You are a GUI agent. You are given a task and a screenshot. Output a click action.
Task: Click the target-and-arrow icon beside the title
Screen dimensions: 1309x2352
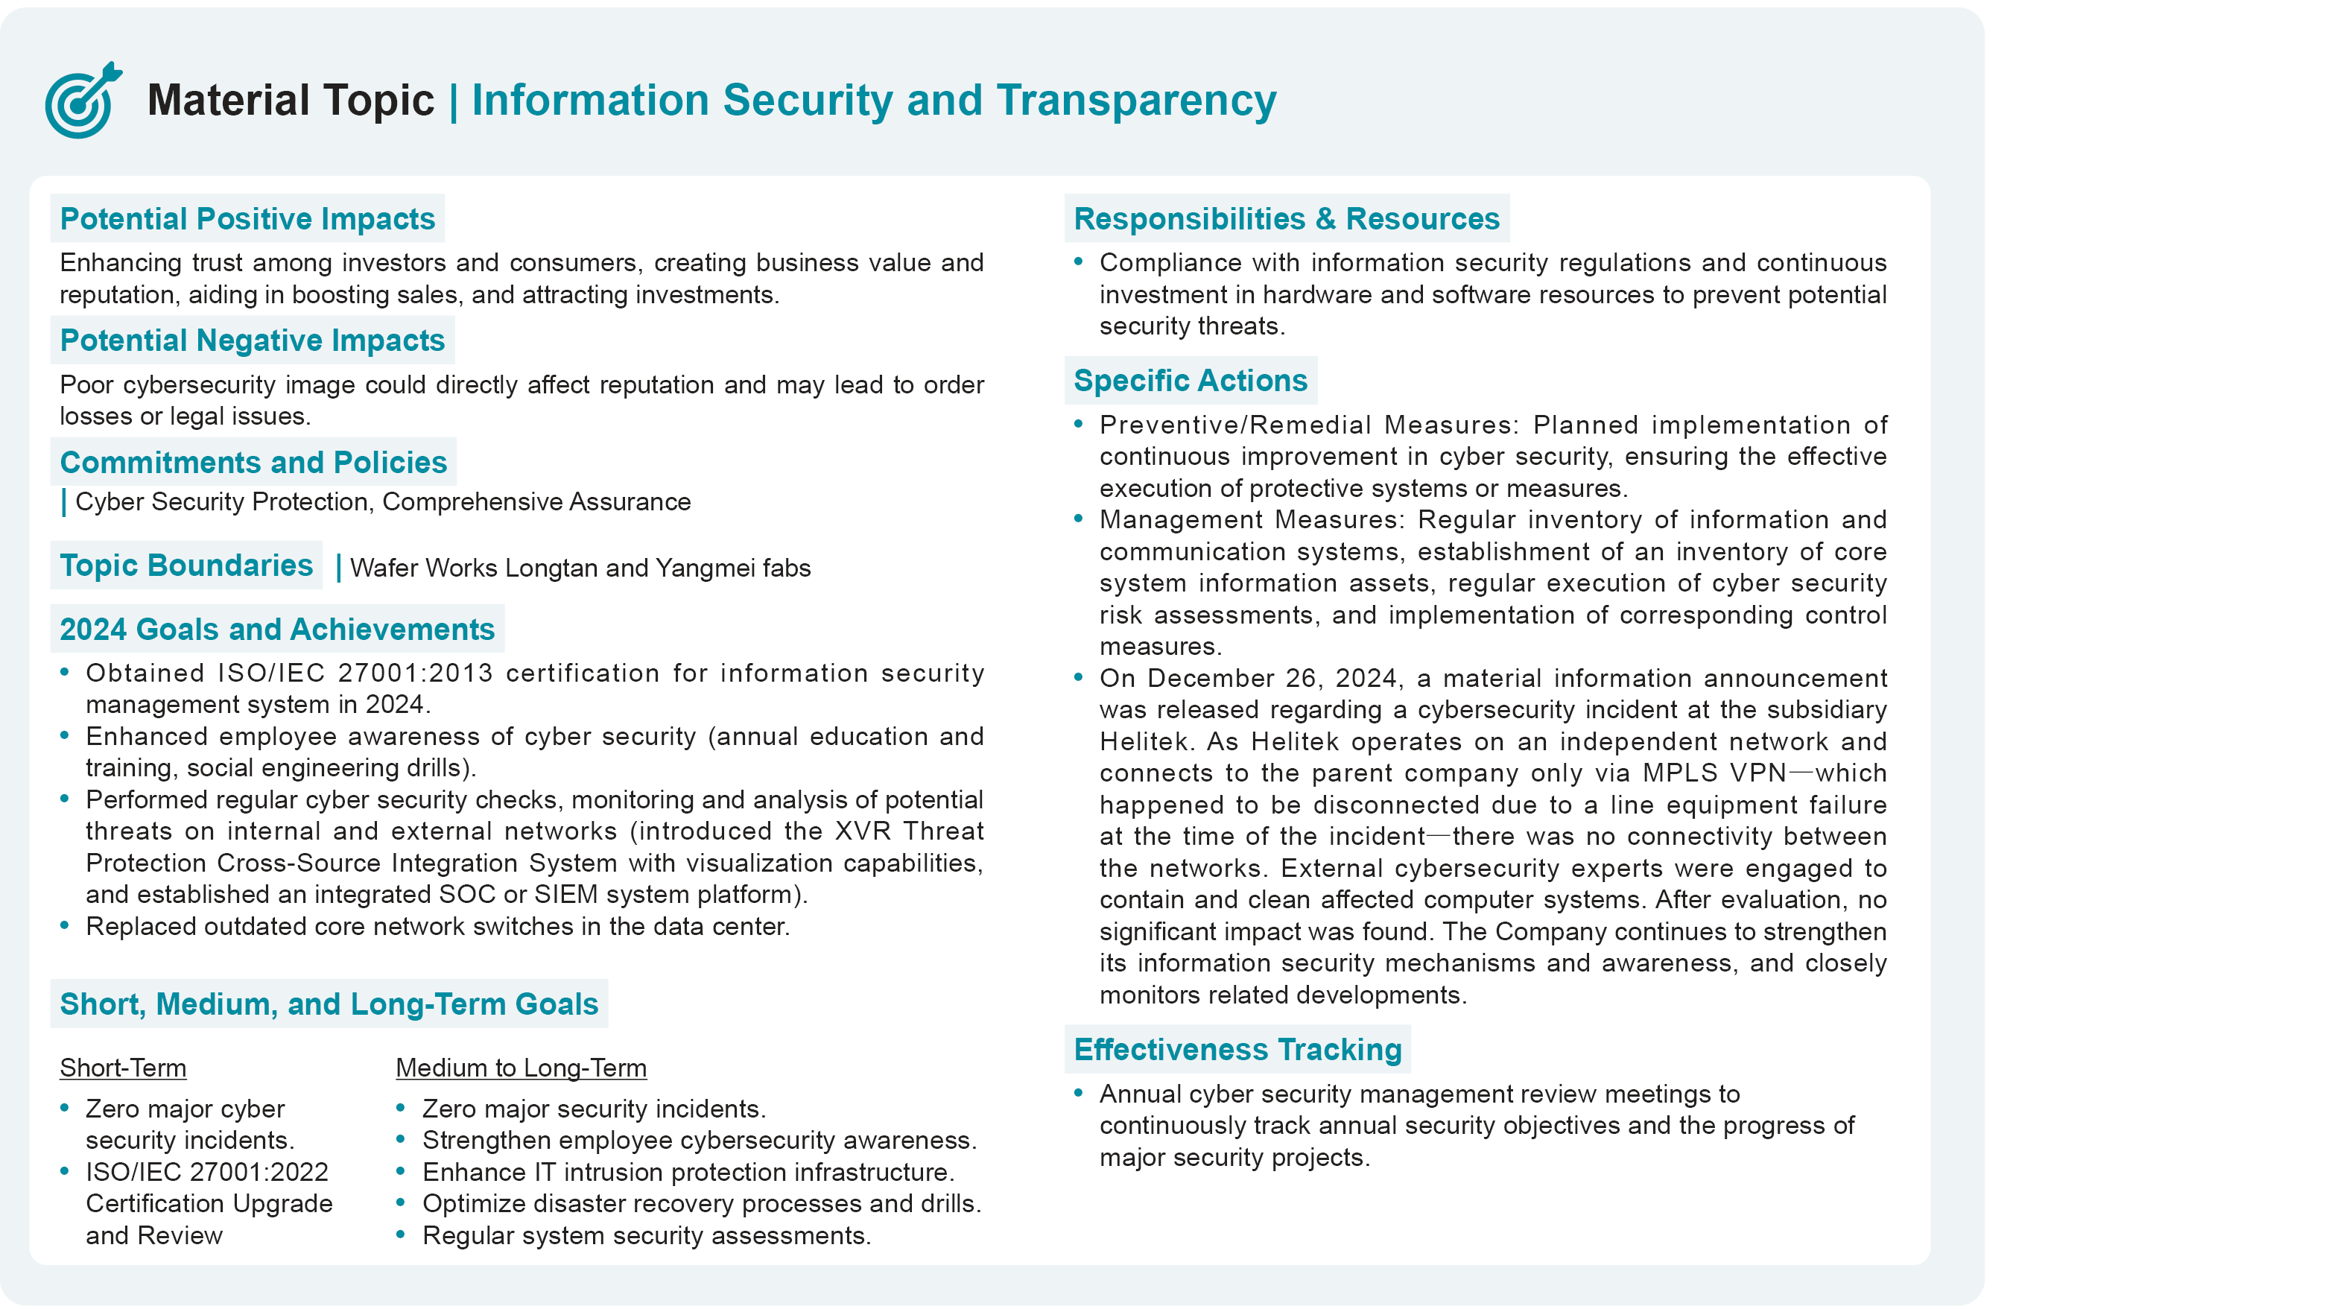click(82, 101)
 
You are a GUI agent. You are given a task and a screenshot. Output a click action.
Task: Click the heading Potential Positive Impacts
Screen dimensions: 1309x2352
click(247, 219)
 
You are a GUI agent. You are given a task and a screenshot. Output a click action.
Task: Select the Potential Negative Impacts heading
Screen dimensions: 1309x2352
click(252, 340)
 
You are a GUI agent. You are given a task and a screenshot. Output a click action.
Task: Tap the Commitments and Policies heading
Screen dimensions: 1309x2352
click(253, 463)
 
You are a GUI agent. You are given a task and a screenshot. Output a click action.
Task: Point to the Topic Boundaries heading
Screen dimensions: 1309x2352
click(186, 566)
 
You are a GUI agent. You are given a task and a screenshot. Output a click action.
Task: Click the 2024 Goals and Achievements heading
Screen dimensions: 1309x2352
click(276, 630)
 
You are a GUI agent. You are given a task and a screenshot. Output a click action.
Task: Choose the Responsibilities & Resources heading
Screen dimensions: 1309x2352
click(1286, 219)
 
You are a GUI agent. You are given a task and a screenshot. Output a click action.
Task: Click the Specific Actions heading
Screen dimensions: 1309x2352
click(1190, 381)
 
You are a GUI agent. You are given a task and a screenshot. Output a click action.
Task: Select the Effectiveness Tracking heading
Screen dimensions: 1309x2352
click(1237, 1050)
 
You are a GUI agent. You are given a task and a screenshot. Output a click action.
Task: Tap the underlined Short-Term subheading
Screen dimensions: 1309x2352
click(123, 1068)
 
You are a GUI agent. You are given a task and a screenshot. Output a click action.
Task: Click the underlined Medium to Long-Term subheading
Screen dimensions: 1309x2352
click(521, 1068)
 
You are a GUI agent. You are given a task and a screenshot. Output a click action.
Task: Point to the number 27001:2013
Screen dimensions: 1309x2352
click(416, 673)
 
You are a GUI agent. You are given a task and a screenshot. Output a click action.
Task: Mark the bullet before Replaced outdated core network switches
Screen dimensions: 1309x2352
click(65, 925)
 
